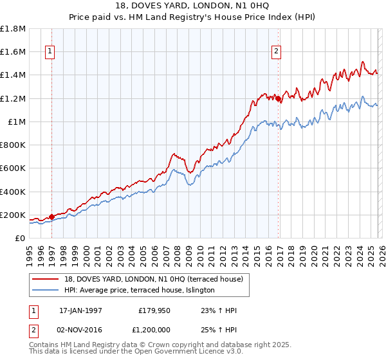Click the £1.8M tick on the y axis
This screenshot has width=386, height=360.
coord(13,29)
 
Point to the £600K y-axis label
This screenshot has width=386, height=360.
coord(13,168)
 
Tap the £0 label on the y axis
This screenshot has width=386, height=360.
coord(20,238)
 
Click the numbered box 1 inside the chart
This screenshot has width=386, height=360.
coord(50,53)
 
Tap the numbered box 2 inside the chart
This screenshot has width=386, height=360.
coord(276,53)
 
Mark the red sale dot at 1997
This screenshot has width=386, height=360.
coord(52,217)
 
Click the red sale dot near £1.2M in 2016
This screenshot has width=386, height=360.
coord(278,98)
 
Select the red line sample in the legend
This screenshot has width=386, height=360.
coord(46,279)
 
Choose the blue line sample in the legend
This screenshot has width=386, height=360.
coord(46,291)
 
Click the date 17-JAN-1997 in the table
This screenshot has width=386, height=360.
coord(80,310)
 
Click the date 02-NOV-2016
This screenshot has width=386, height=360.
coord(80,329)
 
